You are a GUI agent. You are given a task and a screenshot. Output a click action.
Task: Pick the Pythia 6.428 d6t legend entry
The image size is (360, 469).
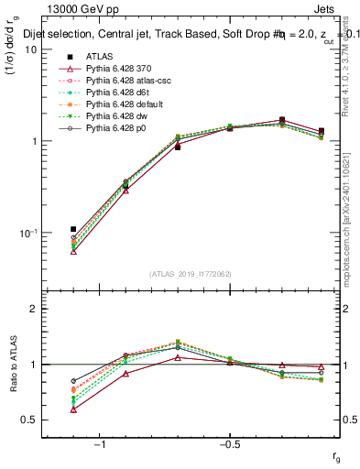coord(112,93)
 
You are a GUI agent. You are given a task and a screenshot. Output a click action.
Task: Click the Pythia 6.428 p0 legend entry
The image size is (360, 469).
coord(110,128)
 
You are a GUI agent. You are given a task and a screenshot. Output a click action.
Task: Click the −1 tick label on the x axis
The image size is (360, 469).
coord(100,444)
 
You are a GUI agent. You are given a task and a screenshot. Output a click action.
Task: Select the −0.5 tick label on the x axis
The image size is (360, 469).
coord(229,444)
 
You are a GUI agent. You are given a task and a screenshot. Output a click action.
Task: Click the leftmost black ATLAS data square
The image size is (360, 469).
coord(73,229)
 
